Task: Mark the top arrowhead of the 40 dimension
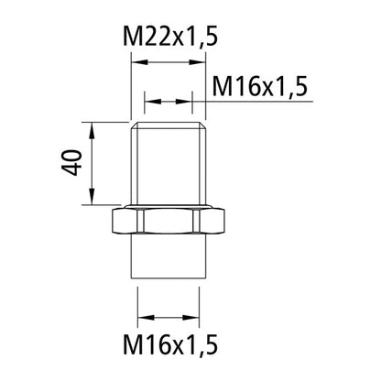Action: (93, 126)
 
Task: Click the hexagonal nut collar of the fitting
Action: (169, 223)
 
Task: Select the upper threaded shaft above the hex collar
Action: (169, 165)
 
